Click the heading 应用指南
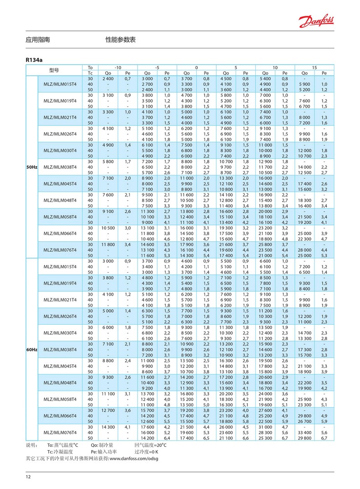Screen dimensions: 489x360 (38, 40)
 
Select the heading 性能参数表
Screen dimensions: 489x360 (121, 40)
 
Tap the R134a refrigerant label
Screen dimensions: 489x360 (34, 60)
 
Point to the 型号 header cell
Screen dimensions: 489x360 (54, 70)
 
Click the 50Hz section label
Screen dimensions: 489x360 (31, 167)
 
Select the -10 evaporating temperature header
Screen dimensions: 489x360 (118, 68)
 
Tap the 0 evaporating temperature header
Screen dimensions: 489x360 (196, 68)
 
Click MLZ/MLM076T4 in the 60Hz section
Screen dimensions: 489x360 (60, 432)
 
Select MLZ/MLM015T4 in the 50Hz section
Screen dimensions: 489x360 (60, 84)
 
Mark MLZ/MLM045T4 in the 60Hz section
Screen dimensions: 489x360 (60, 366)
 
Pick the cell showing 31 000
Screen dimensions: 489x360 (266, 427)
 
